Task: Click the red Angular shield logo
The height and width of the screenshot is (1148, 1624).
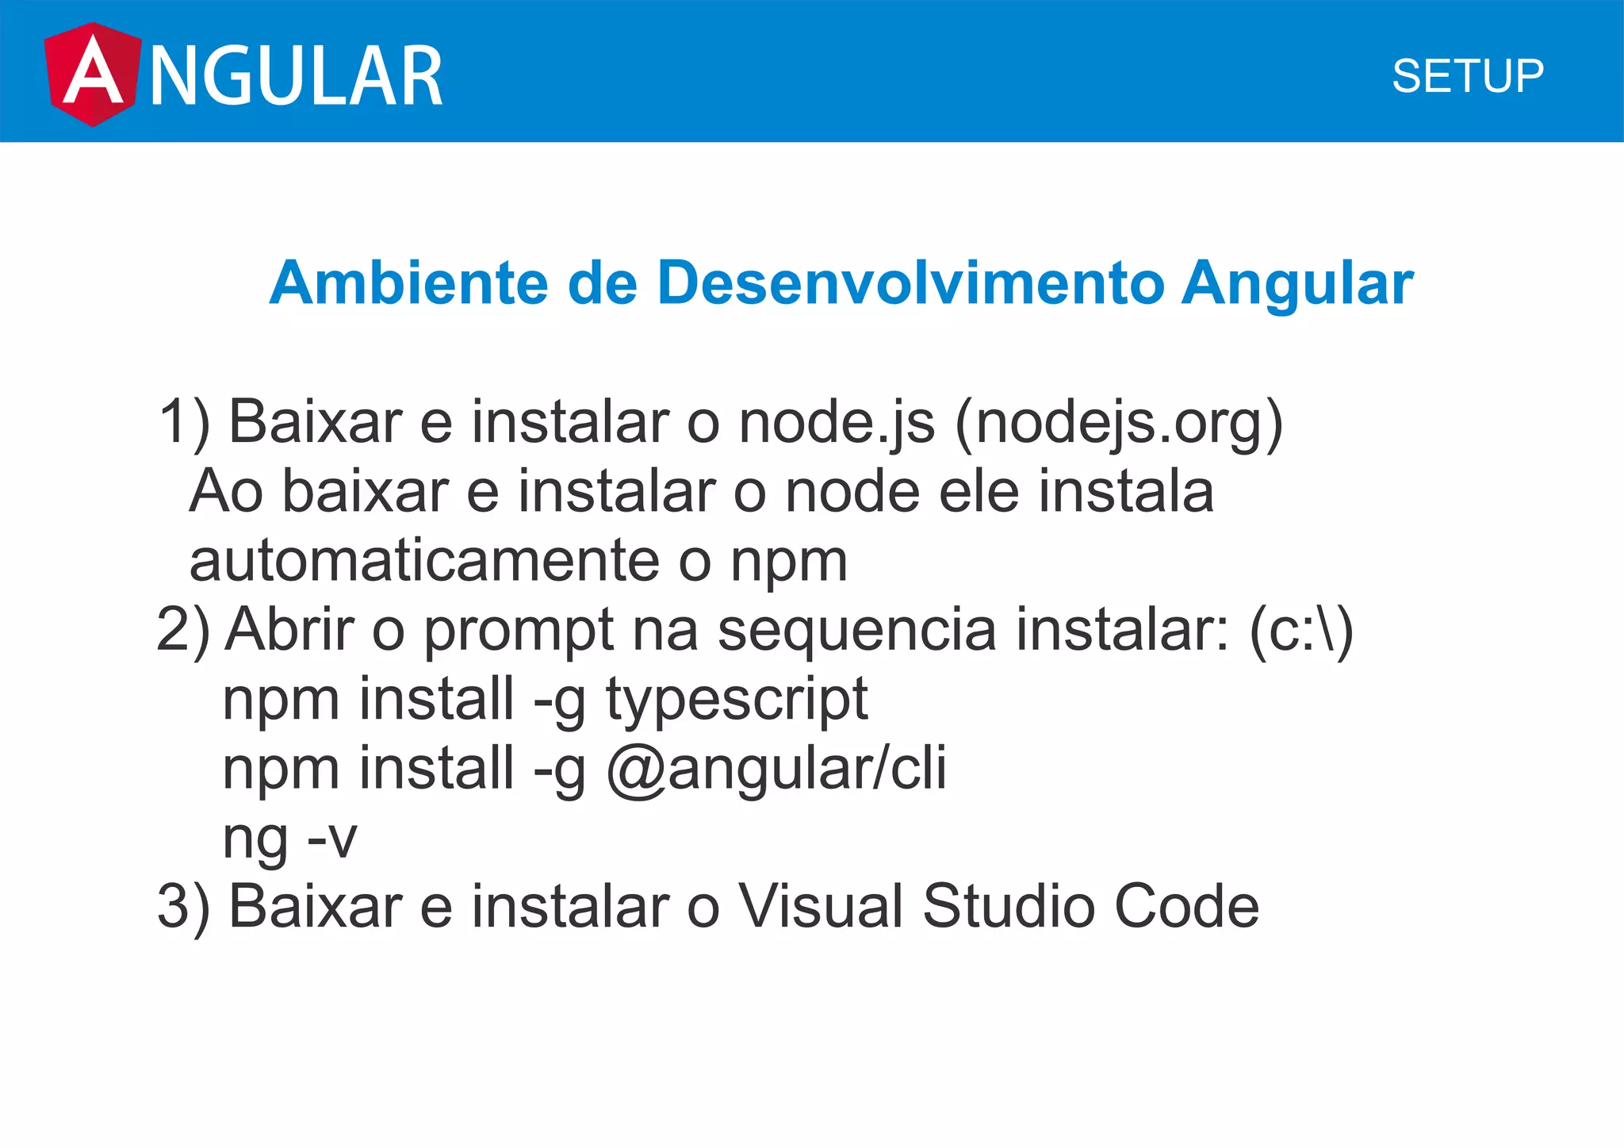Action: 92,74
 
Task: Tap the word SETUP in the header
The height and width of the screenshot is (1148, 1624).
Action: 1468,76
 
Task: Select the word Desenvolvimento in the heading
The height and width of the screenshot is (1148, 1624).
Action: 910,282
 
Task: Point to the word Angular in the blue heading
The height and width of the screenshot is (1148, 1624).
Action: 1297,284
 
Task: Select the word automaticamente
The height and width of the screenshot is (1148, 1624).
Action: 424,561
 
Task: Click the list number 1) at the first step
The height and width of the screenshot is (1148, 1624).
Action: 184,422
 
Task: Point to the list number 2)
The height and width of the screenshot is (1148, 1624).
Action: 183,630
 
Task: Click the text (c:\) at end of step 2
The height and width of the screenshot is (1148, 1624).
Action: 1300,630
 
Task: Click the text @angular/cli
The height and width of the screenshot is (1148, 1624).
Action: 776,769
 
